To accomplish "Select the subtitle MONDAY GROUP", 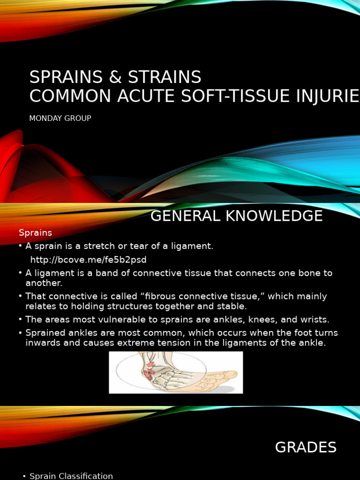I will [60, 119].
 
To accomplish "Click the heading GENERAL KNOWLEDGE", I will [236, 216].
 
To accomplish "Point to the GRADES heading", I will [306, 448].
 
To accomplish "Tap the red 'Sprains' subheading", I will [35, 232].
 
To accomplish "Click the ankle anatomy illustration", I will [176, 373].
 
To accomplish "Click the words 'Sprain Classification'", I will [71, 476].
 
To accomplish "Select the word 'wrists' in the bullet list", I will [315, 320].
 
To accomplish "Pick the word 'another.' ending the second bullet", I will [44, 283].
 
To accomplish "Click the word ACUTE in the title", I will [142, 96].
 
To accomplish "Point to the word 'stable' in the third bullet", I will [234, 307].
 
